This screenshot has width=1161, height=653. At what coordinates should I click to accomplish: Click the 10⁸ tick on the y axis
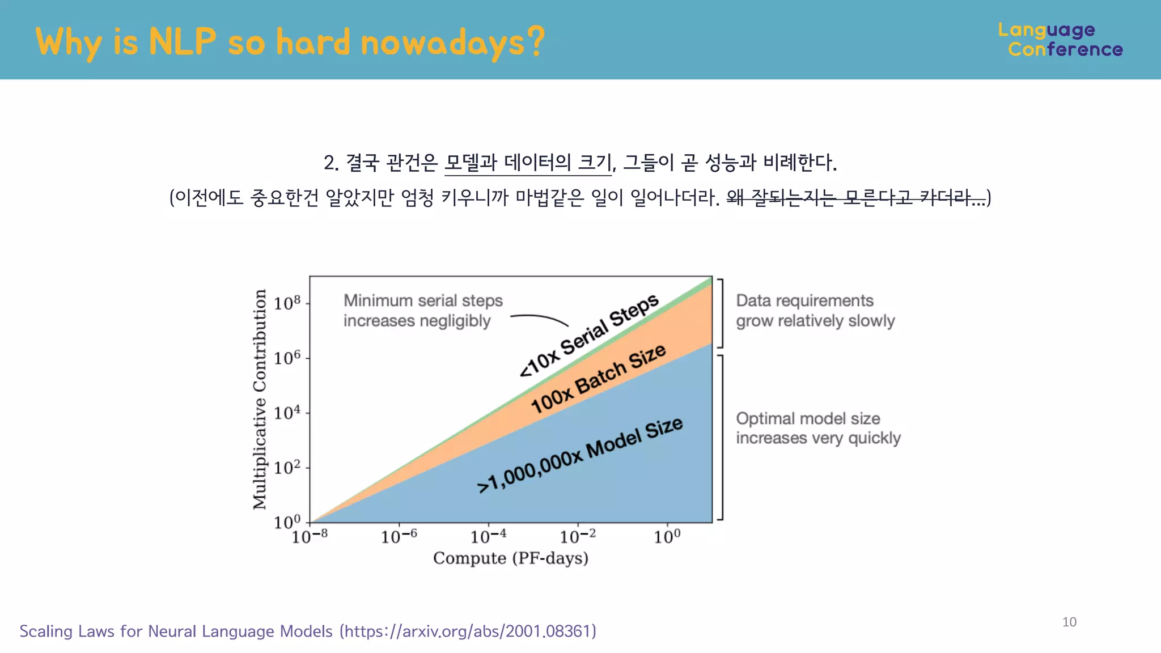287,303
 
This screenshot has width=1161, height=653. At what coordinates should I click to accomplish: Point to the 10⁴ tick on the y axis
287,413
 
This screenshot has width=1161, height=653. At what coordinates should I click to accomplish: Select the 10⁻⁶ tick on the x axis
399,536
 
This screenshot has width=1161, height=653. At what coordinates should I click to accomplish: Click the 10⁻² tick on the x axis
578,536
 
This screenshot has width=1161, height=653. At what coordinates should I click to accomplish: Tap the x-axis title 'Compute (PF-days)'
510,558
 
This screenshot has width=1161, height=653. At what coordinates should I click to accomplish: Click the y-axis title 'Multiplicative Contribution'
260,400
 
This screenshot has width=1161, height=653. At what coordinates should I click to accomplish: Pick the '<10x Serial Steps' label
590,335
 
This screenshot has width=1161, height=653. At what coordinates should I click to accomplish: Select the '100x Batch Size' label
598,378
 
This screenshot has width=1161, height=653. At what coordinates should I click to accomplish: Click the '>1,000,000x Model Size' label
580,455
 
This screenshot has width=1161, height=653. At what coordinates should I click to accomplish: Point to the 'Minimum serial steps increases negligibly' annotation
422,311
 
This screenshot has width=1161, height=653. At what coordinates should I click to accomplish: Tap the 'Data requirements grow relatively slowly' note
815,311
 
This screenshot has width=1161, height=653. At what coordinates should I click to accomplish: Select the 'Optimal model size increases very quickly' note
817,428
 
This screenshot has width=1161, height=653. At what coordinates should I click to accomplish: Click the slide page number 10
1069,622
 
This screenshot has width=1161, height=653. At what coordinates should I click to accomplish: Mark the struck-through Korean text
856,197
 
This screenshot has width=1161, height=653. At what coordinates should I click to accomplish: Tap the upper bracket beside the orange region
721,313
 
